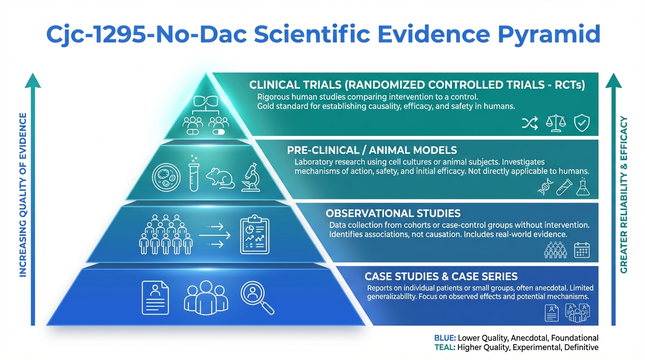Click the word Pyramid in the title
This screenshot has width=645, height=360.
coord(549,35)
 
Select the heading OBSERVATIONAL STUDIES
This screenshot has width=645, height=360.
coord(393,213)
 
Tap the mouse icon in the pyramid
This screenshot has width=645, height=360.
coord(220,179)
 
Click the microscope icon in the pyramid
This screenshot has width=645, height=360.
coord(251,177)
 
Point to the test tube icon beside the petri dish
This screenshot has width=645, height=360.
coord(194,173)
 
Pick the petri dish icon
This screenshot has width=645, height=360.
coord(166,177)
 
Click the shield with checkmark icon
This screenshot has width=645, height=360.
coord(582,123)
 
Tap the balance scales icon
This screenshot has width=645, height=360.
coord(556,123)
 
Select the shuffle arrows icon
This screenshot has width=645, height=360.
coord(530,123)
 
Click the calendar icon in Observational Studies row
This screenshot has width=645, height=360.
coord(582,250)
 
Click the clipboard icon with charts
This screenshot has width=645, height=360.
coord(255,234)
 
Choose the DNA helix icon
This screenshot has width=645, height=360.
coord(545,187)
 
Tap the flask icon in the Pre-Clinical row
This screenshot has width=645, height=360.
coord(583,187)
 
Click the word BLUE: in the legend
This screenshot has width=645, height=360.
coord(445,338)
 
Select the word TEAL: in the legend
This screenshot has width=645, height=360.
coord(445,347)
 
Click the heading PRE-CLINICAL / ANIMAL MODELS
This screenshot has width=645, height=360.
coord(372,150)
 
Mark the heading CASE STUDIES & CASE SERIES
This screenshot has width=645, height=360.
coord(441,277)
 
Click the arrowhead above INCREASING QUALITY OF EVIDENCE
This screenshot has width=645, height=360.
coord(33,81)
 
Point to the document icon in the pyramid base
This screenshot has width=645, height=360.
coord(155,298)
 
